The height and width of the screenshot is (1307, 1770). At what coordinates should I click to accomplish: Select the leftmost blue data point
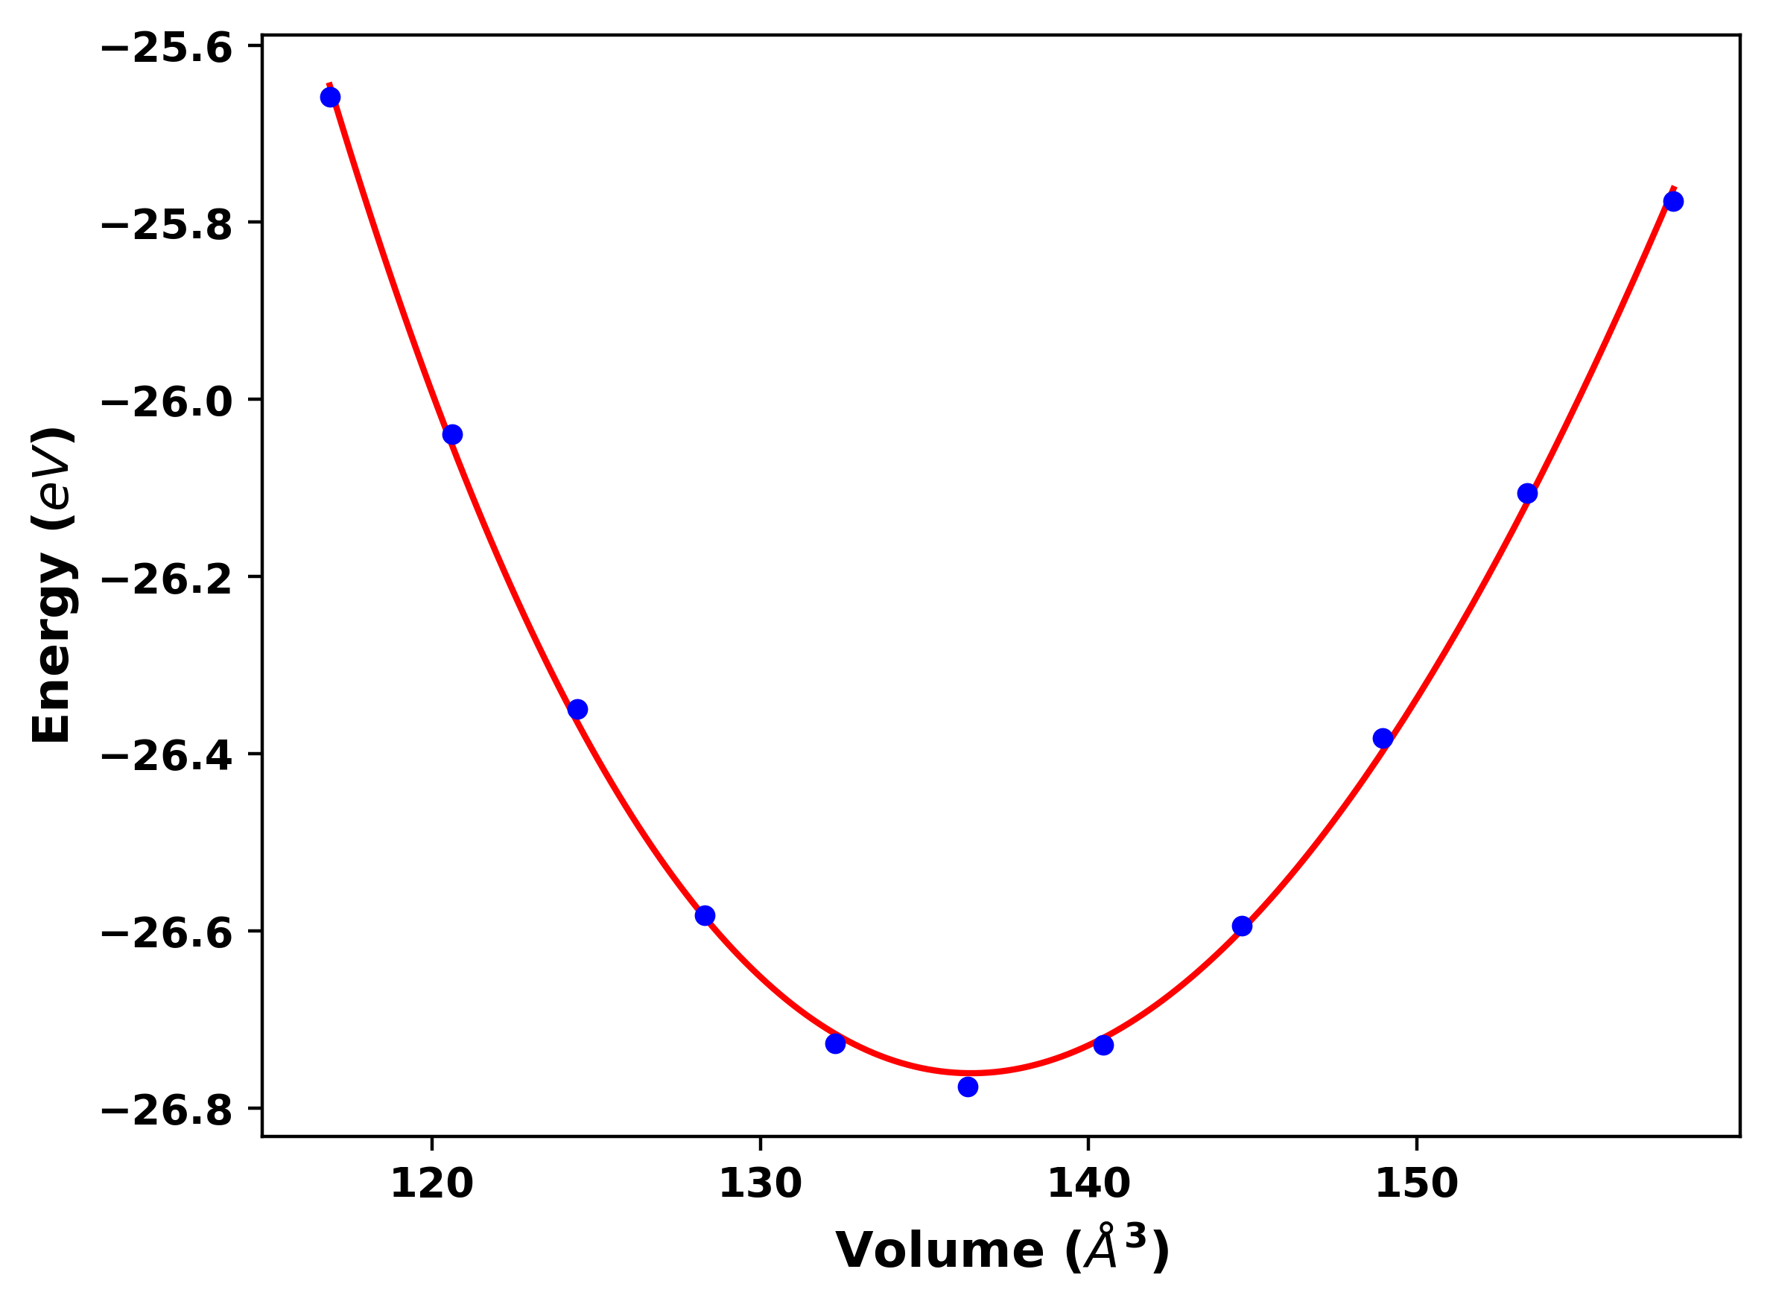330,98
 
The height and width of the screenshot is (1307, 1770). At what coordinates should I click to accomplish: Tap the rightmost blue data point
1673,202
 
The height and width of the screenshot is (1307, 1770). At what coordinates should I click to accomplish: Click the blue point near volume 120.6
451,434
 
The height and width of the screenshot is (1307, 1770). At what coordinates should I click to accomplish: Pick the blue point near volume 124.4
577,709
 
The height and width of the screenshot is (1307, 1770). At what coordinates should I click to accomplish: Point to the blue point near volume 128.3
705,915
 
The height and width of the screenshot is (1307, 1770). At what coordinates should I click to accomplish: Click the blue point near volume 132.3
836,1043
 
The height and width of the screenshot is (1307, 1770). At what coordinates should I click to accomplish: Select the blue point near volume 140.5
1104,1045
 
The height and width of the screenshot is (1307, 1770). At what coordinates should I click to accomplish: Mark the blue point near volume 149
1383,738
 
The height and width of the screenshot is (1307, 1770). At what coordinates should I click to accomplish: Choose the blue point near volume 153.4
1527,494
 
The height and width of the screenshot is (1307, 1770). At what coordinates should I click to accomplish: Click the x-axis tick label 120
432,1184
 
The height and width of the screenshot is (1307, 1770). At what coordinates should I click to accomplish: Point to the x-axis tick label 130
761,1184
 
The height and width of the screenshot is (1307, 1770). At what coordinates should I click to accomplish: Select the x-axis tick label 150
1416,1184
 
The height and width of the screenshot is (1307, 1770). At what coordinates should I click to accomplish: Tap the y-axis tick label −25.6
167,48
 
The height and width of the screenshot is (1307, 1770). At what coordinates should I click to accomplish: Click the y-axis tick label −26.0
167,402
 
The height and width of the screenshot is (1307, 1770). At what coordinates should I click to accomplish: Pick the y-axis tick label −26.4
167,757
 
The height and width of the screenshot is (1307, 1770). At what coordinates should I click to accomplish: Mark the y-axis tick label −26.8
167,1111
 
